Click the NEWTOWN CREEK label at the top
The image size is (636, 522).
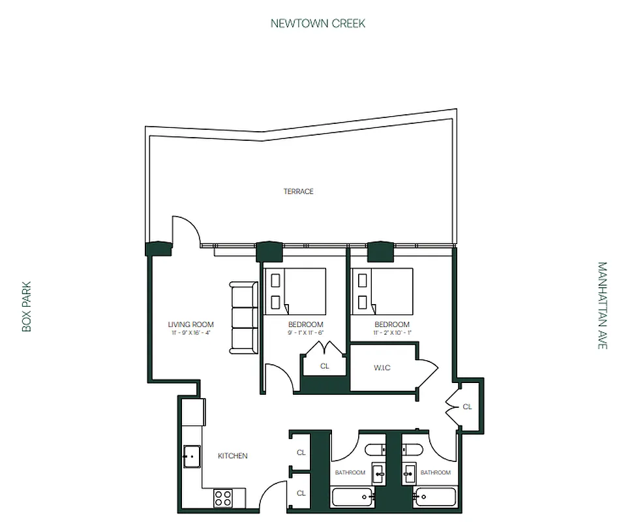(318, 23)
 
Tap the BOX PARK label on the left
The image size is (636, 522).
(27, 306)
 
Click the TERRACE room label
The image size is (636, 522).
(298, 191)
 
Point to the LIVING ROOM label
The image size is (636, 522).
(190, 324)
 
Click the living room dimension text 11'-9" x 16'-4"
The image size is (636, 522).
(190, 333)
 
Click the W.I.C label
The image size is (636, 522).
(382, 367)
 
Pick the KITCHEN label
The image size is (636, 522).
(232, 455)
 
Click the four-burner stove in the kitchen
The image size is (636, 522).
(223, 498)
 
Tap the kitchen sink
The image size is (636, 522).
(191, 457)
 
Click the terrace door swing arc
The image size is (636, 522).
(187, 229)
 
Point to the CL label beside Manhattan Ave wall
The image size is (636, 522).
(467, 407)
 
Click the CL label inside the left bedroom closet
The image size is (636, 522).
(325, 367)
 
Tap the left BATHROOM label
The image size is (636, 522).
(350, 472)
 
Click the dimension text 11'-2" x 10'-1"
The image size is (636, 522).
(392, 333)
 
